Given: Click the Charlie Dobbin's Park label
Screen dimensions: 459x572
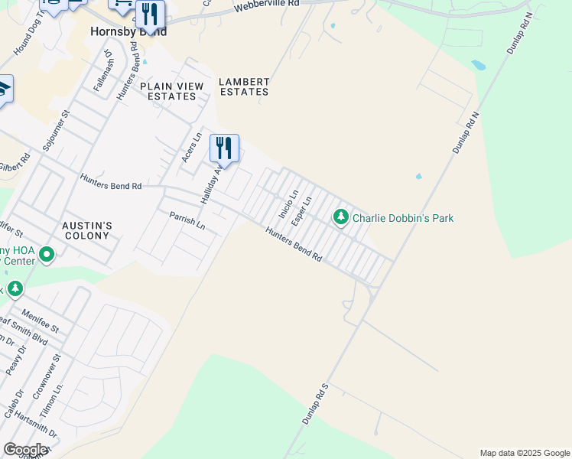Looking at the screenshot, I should (x=403, y=218).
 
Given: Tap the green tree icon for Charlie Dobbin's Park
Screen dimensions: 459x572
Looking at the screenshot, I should (x=340, y=218).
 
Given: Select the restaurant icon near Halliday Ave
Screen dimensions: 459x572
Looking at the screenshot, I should (x=224, y=147).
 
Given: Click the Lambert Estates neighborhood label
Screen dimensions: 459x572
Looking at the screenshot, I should (x=244, y=86).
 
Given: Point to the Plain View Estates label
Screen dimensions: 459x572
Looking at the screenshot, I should (x=172, y=91).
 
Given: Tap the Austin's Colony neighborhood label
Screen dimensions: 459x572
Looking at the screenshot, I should (x=87, y=230).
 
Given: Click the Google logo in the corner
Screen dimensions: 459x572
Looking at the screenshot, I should (x=25, y=450).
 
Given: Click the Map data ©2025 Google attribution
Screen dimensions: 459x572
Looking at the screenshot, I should (x=525, y=453).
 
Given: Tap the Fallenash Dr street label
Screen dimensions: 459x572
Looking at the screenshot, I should (x=103, y=72).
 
